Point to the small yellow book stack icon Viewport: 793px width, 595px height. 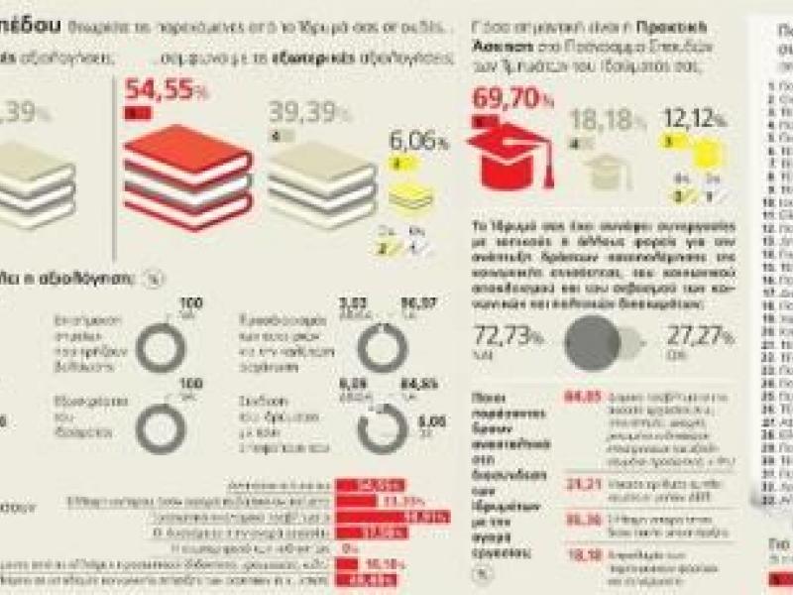409,194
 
